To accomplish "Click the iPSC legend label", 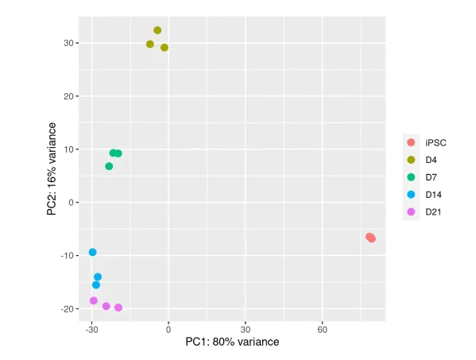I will click(435, 142).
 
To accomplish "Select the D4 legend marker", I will click(411, 160).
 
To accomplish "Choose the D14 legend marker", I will click(411, 195).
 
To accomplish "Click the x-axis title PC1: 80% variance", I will click(232, 343).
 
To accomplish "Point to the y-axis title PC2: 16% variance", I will click(52, 168).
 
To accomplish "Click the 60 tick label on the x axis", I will click(323, 328).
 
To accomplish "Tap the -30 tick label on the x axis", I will click(91, 328).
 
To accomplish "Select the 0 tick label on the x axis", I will click(168, 328).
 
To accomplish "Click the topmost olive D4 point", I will click(157, 30).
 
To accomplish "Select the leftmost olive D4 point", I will click(150, 45).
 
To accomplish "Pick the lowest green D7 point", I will click(109, 166).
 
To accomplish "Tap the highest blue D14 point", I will click(92, 252).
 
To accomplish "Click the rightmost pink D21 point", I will click(118, 308).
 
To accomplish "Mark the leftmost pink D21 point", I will click(94, 300).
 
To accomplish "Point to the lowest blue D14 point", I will click(96, 285).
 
